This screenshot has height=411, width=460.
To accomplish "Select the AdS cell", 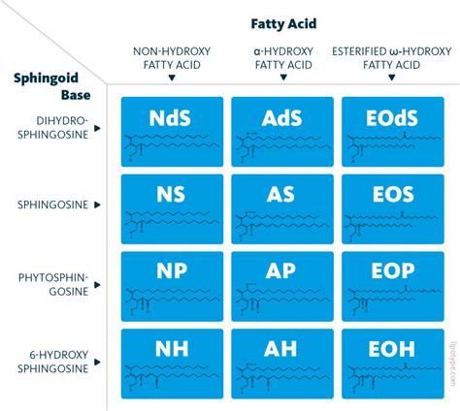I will point(281,131).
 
